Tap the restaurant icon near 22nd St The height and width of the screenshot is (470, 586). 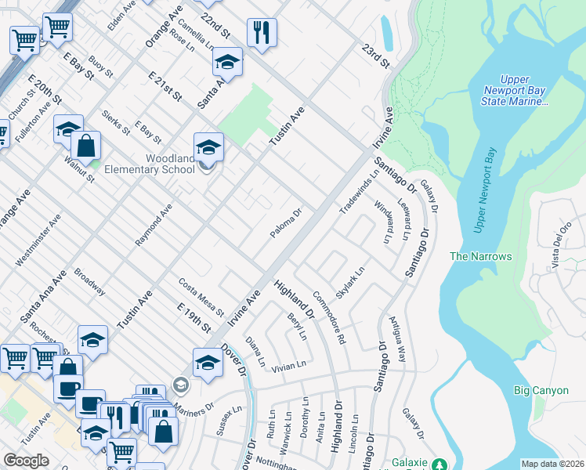[260, 33]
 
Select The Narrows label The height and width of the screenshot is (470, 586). [480, 256]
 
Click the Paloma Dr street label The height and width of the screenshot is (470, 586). [286, 222]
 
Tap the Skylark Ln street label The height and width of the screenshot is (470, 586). [350, 284]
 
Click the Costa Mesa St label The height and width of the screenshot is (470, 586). [201, 297]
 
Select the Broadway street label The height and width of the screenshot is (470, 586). [89, 282]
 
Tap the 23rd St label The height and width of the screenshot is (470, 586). [375, 54]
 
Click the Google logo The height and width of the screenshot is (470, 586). [26, 461]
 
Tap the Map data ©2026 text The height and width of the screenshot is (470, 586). [552, 464]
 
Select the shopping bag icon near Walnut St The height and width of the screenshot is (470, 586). [85, 146]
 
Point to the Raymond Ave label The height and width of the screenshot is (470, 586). [154, 226]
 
